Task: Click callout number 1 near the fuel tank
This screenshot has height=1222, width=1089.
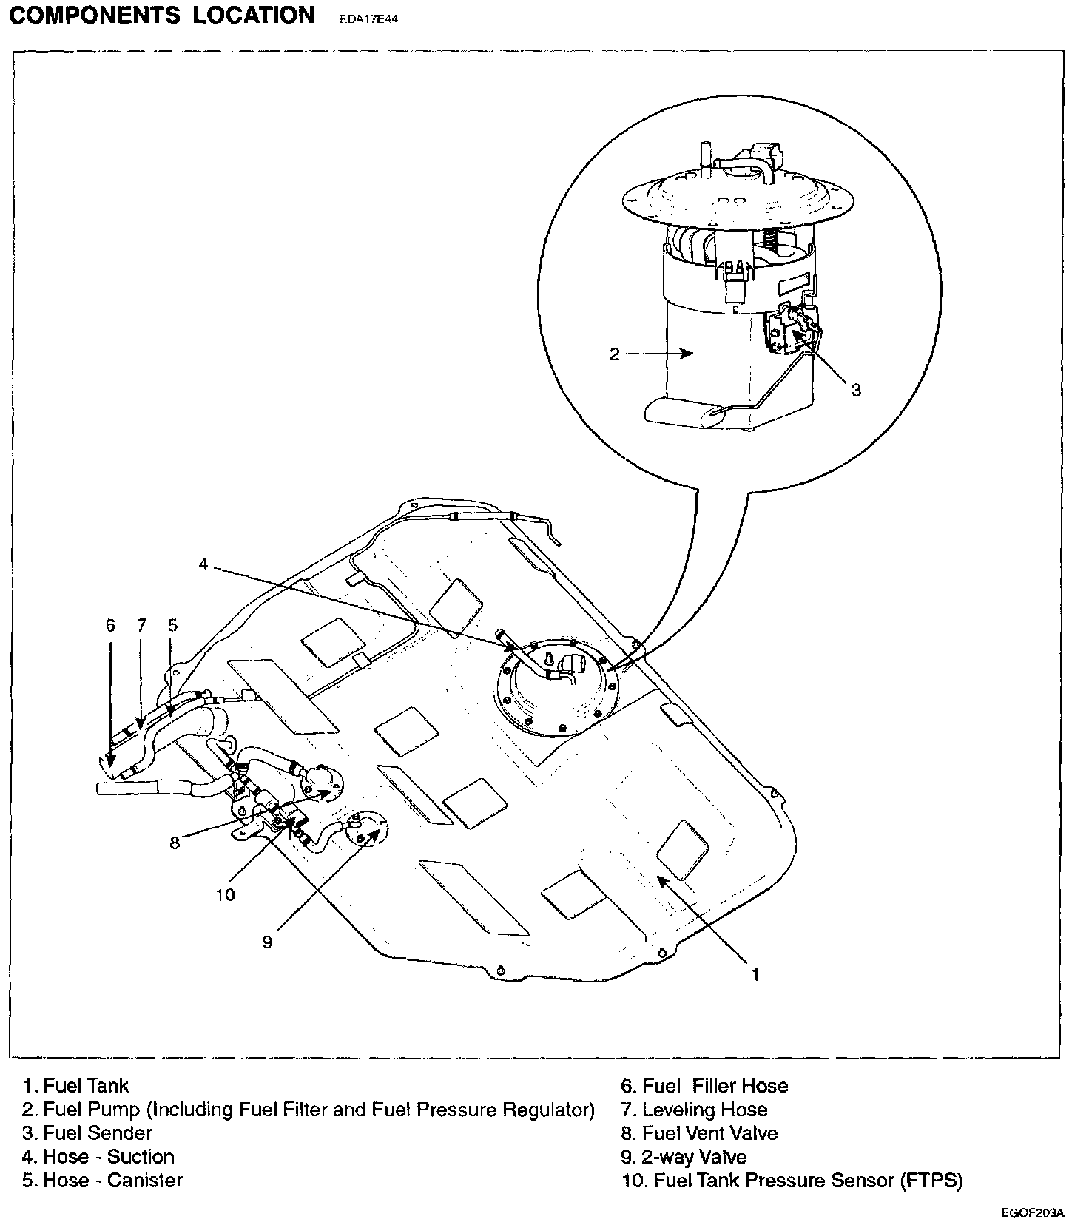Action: tap(755, 975)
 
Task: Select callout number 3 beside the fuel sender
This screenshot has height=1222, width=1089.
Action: tap(856, 390)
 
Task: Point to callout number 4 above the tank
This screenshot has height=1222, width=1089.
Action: tap(203, 564)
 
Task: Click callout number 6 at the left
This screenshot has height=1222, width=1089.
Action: tap(110, 625)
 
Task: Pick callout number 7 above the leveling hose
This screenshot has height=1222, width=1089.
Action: tap(141, 625)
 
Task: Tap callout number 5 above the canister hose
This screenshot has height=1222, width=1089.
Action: tap(172, 625)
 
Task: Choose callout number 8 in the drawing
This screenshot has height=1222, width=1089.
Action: tap(175, 843)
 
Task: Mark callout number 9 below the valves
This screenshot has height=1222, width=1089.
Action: tap(268, 942)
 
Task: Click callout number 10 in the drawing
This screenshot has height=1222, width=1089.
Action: tap(225, 895)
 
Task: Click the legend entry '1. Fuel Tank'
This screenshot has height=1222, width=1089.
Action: tap(75, 1086)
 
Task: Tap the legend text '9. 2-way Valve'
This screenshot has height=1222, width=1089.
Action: tap(684, 1157)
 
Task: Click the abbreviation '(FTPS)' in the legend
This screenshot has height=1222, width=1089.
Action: tap(931, 1181)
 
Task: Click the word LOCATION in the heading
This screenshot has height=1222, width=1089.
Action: tap(254, 16)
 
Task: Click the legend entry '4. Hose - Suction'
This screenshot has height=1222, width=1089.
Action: tap(98, 1157)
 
